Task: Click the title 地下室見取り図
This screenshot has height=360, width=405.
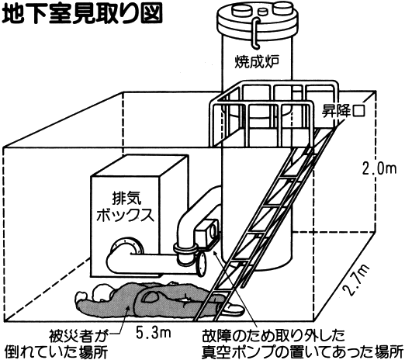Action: point(82,13)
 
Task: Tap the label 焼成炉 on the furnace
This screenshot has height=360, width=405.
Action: point(257,61)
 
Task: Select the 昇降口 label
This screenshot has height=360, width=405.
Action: point(343,111)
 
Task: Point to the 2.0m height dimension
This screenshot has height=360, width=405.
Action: point(379,169)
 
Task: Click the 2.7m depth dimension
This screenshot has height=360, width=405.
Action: point(356,280)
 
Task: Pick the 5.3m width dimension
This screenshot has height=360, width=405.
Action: point(154,333)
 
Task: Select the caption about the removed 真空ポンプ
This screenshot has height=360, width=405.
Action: point(302,344)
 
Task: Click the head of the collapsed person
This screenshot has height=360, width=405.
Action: point(102,292)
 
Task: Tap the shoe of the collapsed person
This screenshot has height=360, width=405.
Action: point(232,308)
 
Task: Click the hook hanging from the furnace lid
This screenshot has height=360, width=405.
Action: point(255,33)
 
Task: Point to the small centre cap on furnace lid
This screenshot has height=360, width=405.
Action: point(263,12)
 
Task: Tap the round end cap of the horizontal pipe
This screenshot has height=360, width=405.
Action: point(202,264)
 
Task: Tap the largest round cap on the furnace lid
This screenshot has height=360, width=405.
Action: point(282,9)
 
